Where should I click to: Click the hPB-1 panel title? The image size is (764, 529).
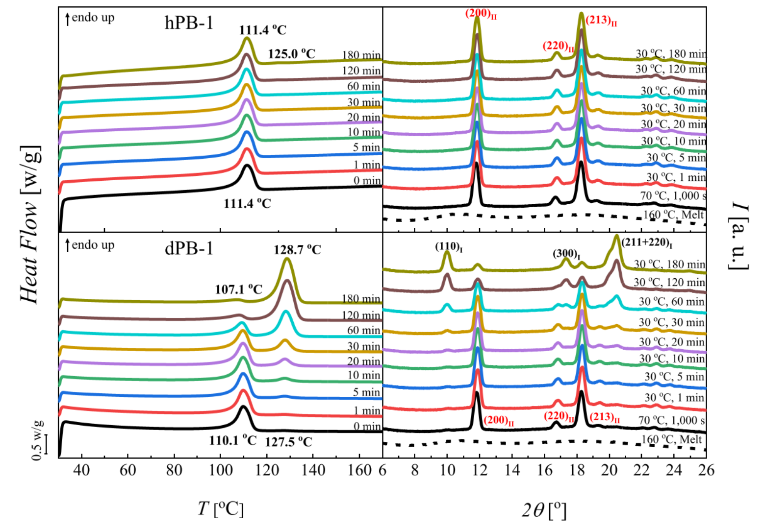coord(189,23)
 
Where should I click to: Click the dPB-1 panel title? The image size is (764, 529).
coord(189,249)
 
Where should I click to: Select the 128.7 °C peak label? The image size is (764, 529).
coord(297,250)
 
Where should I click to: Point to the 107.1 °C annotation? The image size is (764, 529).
coord(238,289)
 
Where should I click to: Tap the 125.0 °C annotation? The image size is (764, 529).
coord(291,53)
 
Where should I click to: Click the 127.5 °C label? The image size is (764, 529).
coord(288,442)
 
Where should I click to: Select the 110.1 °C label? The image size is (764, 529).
coord(232,440)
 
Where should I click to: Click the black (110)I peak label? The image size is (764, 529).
coord(449,246)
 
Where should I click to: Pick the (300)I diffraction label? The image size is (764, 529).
coord(567,254)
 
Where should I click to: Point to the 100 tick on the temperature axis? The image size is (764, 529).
coord(220,470)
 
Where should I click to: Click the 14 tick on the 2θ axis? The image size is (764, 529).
coord(512,470)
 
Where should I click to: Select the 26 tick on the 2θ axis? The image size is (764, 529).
coord(705,470)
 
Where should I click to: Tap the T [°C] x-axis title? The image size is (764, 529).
coord(220,509)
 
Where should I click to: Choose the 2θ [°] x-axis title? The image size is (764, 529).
coord(543,510)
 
